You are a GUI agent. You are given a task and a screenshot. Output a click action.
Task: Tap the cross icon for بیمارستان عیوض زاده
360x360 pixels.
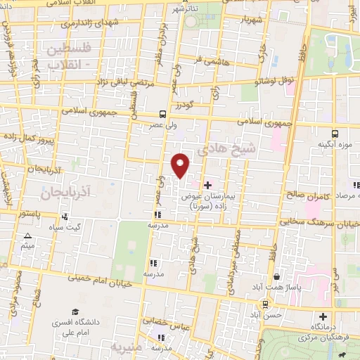click(207, 184)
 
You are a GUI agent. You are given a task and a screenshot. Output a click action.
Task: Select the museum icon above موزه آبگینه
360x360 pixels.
click(334, 133)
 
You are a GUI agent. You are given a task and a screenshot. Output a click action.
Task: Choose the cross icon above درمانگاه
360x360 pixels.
click(323, 316)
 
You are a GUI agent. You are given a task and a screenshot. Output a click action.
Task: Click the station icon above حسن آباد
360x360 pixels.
click(265, 304)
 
